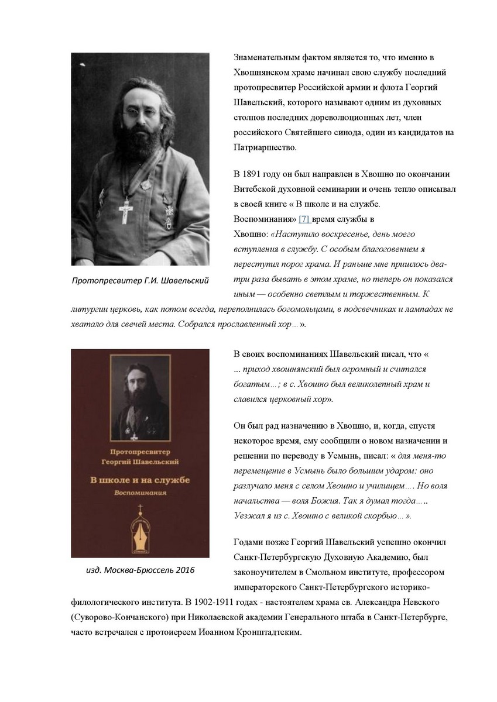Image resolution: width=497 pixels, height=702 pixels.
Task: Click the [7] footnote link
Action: click(x=304, y=219)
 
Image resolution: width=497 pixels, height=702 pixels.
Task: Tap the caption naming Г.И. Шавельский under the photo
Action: click(x=139, y=280)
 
